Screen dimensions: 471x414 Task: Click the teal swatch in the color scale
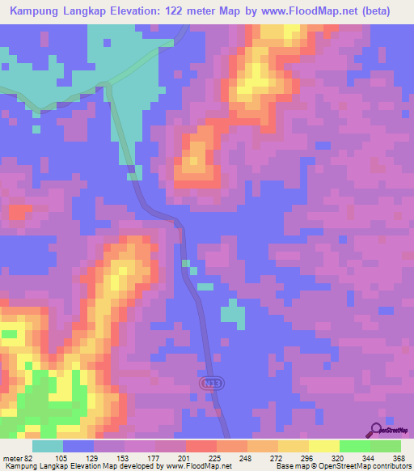pyautogui.click(x=47, y=446)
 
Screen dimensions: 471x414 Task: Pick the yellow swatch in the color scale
pyautogui.click(x=323, y=446)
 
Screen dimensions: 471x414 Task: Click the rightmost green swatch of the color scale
pyautogui.click(x=386, y=446)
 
